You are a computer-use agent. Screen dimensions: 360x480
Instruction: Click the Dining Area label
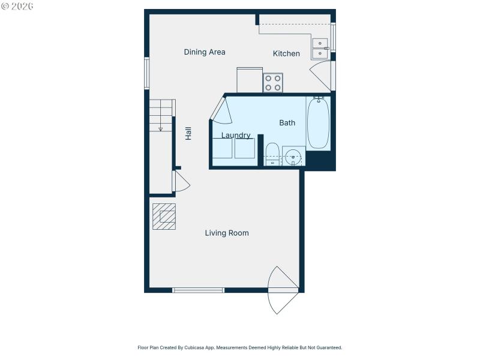click(x=205, y=52)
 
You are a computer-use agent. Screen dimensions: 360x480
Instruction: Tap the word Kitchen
click(x=286, y=54)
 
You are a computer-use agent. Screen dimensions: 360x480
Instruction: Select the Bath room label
click(x=287, y=123)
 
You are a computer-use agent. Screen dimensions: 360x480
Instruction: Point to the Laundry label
click(x=236, y=136)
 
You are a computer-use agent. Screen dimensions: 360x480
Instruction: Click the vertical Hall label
click(x=188, y=133)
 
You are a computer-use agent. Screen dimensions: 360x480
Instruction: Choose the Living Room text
click(x=227, y=233)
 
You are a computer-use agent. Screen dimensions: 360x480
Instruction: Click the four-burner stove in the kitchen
click(x=273, y=83)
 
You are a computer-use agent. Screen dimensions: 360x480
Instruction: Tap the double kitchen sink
click(x=320, y=49)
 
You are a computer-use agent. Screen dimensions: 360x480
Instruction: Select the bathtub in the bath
click(x=318, y=123)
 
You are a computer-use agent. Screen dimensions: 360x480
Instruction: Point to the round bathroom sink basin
click(x=293, y=158)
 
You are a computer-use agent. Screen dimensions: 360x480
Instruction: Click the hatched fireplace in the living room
click(x=164, y=217)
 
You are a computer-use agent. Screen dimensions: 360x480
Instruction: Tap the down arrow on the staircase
click(x=161, y=127)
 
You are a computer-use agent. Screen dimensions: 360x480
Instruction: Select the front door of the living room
click(x=282, y=290)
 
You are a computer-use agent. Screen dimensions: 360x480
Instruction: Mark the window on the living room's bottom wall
click(x=198, y=290)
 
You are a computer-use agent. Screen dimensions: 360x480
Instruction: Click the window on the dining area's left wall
click(x=146, y=73)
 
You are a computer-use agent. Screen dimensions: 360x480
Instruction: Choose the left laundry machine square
click(x=222, y=148)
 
